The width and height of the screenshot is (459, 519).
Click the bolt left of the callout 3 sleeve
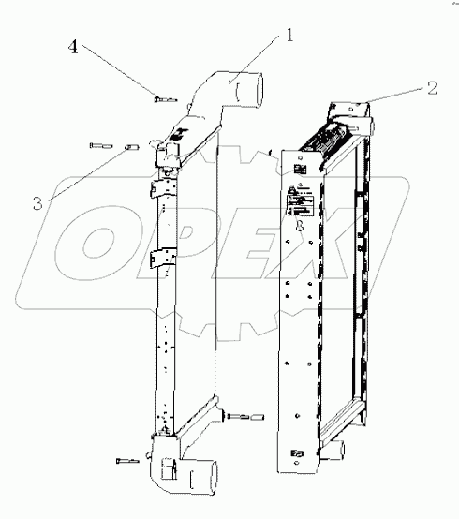[96, 145]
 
